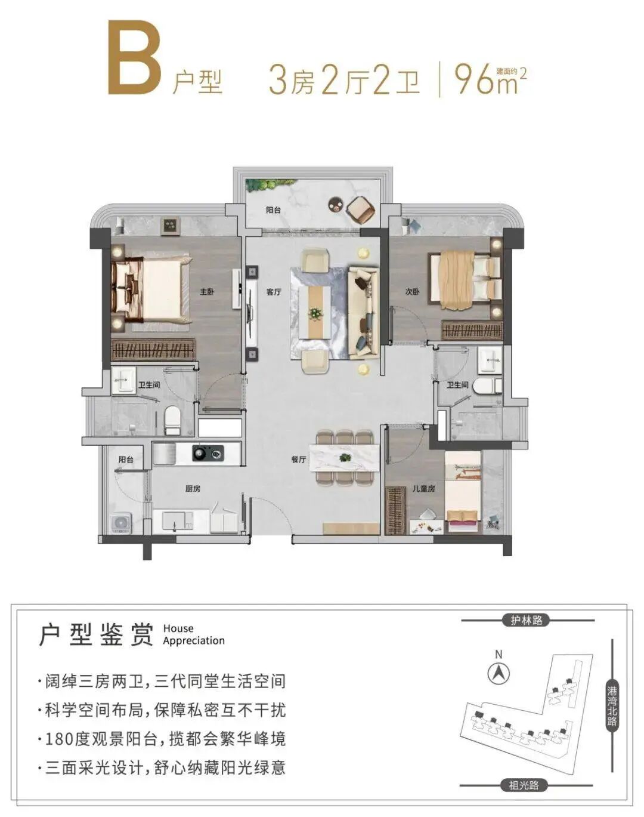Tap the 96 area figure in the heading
(x=475, y=79)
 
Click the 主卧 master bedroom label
(x=207, y=292)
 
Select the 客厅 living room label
(x=274, y=292)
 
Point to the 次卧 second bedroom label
(x=413, y=292)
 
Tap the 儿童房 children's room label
(x=423, y=489)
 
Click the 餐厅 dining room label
(x=299, y=460)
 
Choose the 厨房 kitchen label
(x=193, y=489)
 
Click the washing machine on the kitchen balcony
(x=121, y=523)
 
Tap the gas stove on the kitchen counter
(x=208, y=454)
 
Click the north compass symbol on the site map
(x=499, y=674)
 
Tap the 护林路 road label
(x=527, y=620)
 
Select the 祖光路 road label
(x=524, y=785)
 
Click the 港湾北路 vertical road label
(x=612, y=707)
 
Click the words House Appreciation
(x=193, y=634)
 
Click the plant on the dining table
(x=345, y=457)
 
